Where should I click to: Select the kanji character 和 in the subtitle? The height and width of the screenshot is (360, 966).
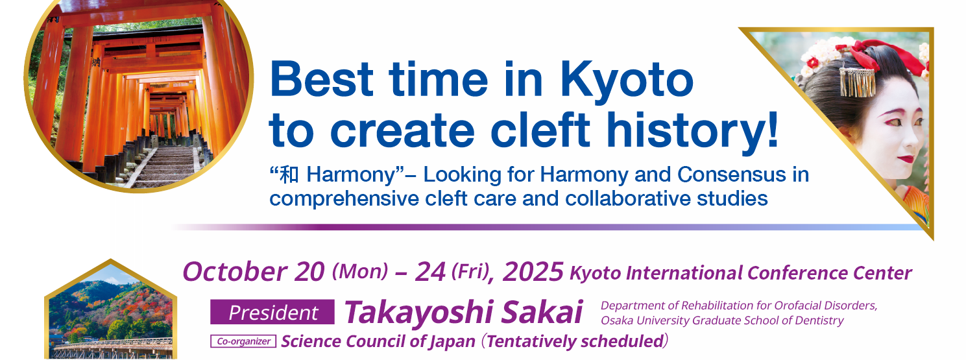(x=289, y=175)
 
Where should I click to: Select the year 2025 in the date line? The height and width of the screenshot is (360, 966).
(x=533, y=272)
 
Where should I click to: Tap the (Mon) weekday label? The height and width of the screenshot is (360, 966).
(x=360, y=271)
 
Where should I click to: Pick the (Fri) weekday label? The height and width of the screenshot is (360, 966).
(x=471, y=271)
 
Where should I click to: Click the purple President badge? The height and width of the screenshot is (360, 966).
(x=272, y=312)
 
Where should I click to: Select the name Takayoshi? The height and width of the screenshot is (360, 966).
(x=419, y=312)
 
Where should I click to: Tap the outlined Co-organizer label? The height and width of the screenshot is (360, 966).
(x=243, y=341)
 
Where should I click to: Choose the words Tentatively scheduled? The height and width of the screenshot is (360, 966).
(x=575, y=341)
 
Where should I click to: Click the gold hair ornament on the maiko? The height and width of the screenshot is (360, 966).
(x=857, y=82)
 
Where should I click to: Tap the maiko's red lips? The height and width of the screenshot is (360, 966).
(x=906, y=159)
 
